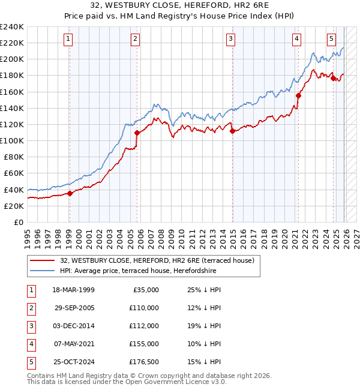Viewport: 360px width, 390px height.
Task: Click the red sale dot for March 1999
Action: click(70, 193)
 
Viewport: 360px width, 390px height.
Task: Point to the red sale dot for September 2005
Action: click(137, 132)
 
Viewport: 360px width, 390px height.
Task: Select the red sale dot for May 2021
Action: click(298, 95)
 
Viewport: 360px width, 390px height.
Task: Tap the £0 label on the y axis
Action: click(18, 222)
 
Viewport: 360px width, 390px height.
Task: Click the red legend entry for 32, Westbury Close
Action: click(157, 260)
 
